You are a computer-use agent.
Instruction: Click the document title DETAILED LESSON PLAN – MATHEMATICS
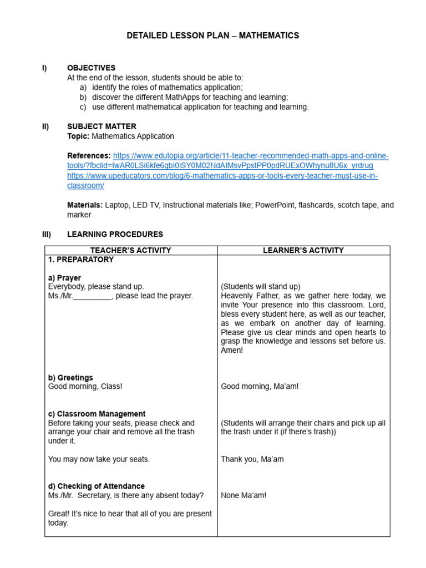tap(212, 35)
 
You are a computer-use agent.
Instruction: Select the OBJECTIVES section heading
tap(91, 68)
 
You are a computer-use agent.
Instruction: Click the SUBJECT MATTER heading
tap(102, 126)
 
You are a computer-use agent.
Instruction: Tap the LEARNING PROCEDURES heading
tap(115, 235)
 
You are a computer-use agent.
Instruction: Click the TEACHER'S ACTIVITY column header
tap(131, 250)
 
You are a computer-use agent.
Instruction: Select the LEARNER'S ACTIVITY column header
tap(303, 250)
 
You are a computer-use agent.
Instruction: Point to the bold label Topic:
tap(78, 136)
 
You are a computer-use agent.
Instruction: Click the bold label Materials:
tap(85, 205)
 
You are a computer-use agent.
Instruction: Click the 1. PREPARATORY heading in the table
tap(81, 260)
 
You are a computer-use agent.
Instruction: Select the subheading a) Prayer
tap(64, 277)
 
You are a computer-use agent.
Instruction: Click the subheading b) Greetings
tap(70, 378)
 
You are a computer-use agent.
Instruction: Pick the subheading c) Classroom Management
tap(97, 414)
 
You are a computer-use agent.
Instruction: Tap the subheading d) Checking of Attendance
tap(97, 486)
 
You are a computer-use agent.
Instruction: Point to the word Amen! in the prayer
tap(232, 351)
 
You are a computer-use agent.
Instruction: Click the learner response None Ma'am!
tap(244, 495)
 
